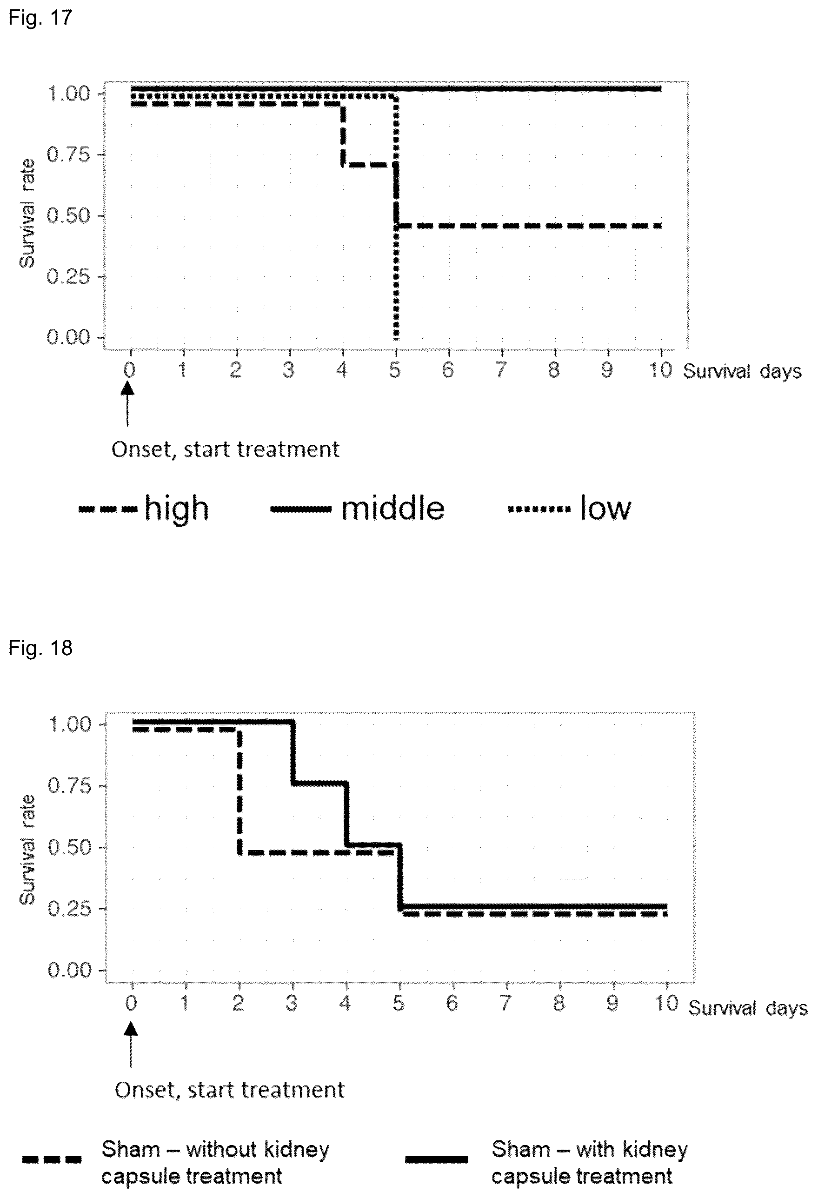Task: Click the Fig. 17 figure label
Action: pos(40,18)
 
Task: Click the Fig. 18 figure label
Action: pos(40,648)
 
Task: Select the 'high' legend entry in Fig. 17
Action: pos(144,509)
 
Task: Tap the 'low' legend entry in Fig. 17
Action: pos(569,509)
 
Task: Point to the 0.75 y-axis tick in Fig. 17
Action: pos(67,154)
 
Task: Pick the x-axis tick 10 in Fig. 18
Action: pos(666,1004)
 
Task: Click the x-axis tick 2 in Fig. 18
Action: pos(238,1004)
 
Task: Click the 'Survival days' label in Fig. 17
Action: pos(742,371)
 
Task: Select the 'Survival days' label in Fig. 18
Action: pos(748,1008)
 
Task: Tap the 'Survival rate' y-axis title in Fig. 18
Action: pos(27,850)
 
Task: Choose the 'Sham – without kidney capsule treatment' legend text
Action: pos(215,1163)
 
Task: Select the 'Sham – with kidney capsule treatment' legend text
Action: pos(590,1163)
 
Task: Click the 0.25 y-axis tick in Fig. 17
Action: pos(67,276)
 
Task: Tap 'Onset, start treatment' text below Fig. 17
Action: pos(226,449)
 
